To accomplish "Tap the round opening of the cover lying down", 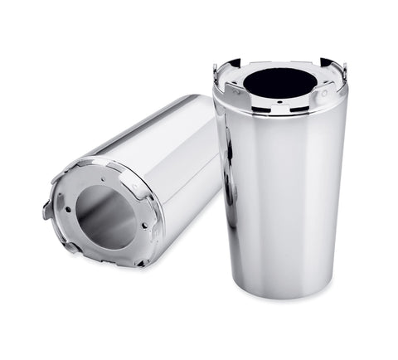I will [x=106, y=216].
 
